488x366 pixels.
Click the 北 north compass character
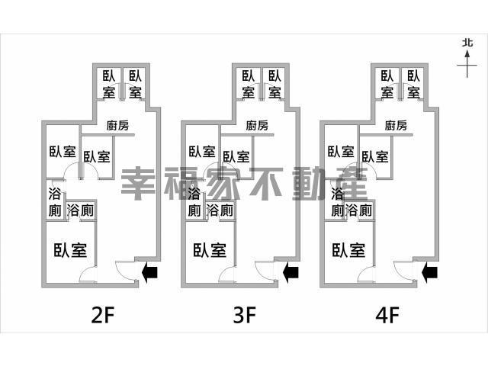click(467, 44)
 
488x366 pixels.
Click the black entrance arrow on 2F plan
click(151, 270)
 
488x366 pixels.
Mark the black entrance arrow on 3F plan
click(291, 270)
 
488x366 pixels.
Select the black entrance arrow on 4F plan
click(430, 270)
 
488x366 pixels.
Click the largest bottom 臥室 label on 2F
click(69, 249)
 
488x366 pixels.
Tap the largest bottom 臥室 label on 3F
click(208, 249)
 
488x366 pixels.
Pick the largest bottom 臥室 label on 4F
click(348, 249)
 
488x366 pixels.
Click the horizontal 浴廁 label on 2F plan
click(81, 210)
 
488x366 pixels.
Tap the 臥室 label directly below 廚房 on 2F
click(97, 156)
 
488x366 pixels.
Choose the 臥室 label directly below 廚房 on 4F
click(376, 156)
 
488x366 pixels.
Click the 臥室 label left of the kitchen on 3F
click(201, 151)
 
